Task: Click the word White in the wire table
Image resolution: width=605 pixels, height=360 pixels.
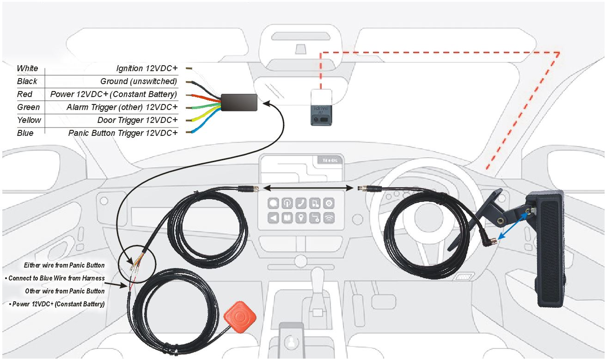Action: coord(28,68)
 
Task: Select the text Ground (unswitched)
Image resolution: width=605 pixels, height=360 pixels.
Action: coord(139,81)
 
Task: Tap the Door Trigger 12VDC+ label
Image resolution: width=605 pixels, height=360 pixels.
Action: coord(137,120)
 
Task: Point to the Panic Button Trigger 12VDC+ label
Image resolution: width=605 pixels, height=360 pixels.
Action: coord(123,133)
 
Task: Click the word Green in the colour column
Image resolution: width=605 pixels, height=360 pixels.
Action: coord(28,107)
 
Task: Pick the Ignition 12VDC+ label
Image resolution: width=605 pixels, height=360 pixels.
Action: coord(147,68)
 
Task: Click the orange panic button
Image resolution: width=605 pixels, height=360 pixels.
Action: coord(240,317)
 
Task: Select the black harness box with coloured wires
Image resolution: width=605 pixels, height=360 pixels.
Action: coord(239,102)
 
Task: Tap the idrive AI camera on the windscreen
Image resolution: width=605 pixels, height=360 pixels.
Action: coord(321,115)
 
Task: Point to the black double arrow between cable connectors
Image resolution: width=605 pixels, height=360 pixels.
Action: coord(308,188)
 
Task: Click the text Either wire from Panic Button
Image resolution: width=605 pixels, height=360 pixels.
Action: coord(64,265)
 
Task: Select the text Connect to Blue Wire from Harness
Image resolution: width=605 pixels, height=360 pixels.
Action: coord(55,278)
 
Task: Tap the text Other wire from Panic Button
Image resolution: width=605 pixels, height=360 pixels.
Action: coord(65,291)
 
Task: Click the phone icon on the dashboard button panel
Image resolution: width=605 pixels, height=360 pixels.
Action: coord(301,203)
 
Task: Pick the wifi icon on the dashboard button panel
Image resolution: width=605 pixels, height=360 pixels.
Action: coord(329,218)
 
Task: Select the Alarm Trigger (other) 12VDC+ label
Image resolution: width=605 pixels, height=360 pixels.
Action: coord(122,107)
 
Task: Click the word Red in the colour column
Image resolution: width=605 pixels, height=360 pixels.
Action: coord(24,94)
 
